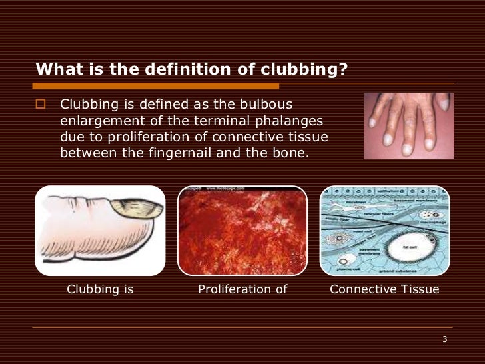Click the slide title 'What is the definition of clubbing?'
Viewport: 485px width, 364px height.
click(192, 69)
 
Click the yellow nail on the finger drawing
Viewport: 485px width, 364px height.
click(138, 209)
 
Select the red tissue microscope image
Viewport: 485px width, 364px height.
click(242, 230)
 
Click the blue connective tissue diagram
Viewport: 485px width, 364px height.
click(384, 230)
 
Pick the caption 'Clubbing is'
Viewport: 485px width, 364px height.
click(100, 289)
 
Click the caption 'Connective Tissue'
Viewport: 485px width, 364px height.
click(384, 289)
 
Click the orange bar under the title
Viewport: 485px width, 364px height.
click(157, 86)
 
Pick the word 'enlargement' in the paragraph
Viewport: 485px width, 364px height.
click(97, 121)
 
